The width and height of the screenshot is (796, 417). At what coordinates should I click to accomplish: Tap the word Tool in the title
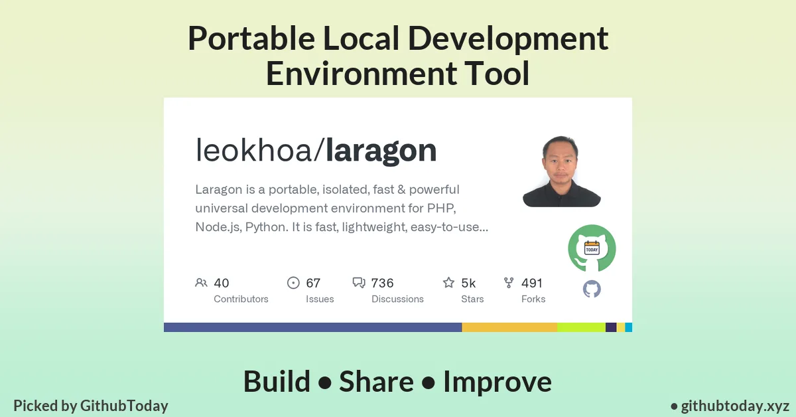point(501,73)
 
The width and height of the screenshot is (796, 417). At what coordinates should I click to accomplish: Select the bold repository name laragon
point(381,151)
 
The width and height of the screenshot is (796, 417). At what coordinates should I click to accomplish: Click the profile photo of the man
point(561,171)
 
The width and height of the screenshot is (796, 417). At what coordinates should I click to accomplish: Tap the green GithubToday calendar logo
point(592,248)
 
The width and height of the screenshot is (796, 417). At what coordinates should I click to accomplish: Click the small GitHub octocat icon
point(592,289)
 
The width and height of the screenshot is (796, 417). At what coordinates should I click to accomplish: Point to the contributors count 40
point(222,283)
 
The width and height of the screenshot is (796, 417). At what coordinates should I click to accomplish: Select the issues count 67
point(313,283)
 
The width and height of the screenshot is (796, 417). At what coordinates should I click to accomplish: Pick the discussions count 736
point(383,283)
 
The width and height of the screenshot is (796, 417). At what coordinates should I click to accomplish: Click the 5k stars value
point(468,283)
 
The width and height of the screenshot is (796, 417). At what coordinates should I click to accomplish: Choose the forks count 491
point(532,283)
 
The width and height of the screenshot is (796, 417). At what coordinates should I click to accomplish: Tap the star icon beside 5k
point(448,283)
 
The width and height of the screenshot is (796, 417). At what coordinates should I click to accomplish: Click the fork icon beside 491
point(509,283)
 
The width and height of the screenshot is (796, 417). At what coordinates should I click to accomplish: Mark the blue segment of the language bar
point(312,327)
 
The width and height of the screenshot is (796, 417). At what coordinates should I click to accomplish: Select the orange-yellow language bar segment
point(509,327)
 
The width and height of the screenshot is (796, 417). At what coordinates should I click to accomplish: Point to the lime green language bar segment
point(581,327)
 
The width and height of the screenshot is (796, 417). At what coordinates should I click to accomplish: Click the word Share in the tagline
point(376,382)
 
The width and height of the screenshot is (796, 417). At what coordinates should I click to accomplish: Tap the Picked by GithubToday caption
point(91,406)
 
